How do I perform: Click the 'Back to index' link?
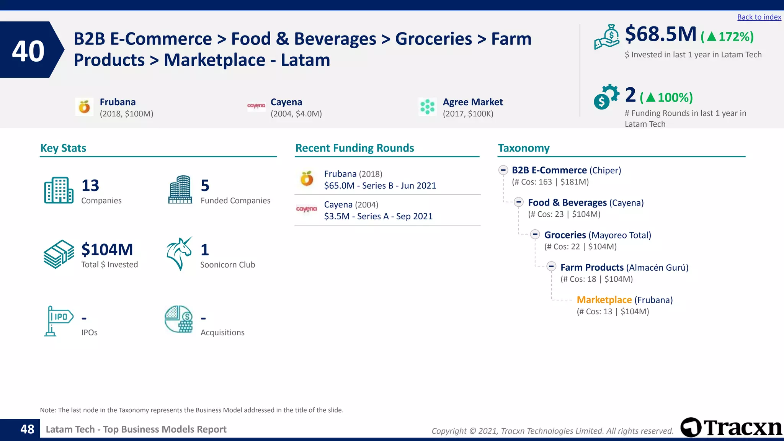(x=759, y=17)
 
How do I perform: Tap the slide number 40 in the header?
(x=28, y=51)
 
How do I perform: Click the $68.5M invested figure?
(x=660, y=34)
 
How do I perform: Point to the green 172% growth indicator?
(x=727, y=37)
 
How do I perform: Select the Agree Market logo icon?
(x=427, y=107)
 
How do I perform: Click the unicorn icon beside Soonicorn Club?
(x=179, y=253)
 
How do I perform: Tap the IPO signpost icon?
(x=58, y=321)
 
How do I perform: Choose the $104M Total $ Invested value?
(x=107, y=250)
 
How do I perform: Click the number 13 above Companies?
(x=90, y=186)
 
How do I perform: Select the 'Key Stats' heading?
(x=63, y=148)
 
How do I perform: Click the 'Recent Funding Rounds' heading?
(x=354, y=148)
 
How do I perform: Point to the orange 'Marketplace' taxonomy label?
(x=604, y=300)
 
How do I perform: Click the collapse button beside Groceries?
(x=535, y=234)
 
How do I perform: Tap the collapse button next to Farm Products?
(x=551, y=266)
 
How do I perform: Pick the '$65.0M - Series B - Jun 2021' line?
(x=380, y=186)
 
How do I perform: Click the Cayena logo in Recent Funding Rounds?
(x=307, y=209)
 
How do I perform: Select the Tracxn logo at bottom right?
(x=731, y=427)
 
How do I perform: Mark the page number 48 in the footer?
(x=27, y=429)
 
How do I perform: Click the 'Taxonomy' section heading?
(x=523, y=148)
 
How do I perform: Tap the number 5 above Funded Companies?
(x=205, y=186)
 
